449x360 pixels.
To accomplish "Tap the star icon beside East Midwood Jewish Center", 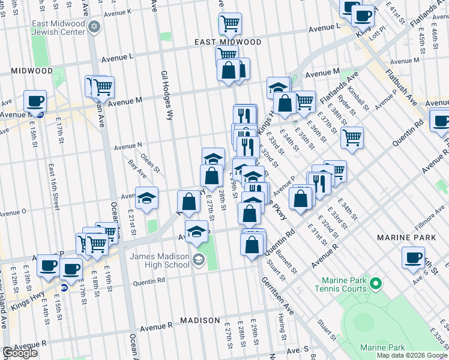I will tap(94, 28).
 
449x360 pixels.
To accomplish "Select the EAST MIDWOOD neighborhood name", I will tap(228, 43).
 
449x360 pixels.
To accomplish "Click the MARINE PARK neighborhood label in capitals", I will tap(405, 238).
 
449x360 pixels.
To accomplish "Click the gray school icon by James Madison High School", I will tap(199, 260).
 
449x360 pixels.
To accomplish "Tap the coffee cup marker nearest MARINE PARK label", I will tap(413, 257).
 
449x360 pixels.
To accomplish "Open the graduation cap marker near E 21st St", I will tap(146, 198).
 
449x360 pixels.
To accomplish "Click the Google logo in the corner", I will tap(20, 353).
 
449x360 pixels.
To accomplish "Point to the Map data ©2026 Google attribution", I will tap(412, 355).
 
